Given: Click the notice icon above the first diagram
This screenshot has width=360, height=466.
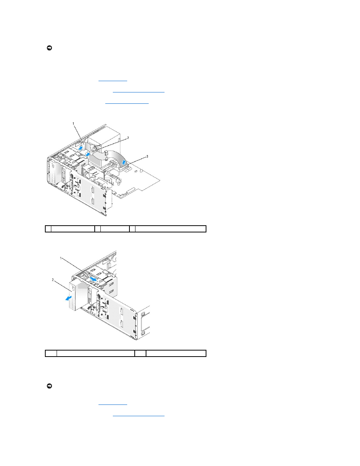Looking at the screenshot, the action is (49, 48).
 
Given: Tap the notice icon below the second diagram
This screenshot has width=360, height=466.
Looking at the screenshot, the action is (49, 386).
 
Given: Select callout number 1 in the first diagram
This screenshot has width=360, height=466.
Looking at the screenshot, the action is (73, 123).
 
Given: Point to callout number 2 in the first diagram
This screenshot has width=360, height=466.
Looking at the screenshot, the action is (128, 138).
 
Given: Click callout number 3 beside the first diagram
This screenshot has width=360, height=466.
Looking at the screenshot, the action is (147, 157).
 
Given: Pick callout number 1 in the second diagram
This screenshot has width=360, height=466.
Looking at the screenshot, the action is (61, 258).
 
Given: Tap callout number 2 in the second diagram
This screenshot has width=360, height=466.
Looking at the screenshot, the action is (53, 280).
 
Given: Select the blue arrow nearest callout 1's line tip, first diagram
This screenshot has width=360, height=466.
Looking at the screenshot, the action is (80, 148).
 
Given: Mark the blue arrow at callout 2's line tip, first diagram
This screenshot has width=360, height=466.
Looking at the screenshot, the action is (88, 154).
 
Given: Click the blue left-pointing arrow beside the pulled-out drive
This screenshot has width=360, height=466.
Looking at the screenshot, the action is (69, 298).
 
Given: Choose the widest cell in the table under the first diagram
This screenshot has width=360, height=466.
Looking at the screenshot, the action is (171, 229).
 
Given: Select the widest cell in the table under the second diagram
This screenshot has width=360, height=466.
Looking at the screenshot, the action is (95, 353).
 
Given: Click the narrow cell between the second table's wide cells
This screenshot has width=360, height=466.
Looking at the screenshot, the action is (140, 353).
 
